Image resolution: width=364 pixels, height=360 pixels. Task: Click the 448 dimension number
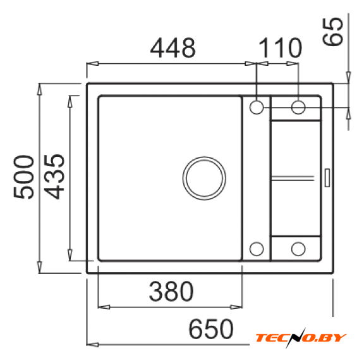(x=173, y=48)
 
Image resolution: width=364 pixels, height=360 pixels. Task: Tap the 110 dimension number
(x=280, y=48)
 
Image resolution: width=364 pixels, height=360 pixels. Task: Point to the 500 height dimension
(x=23, y=177)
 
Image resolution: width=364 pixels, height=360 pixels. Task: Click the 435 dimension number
(x=54, y=177)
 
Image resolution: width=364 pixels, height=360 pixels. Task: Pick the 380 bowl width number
(x=171, y=291)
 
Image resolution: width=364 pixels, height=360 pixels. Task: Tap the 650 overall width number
(x=211, y=329)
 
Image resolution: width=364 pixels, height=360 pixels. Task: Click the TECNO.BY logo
(x=301, y=337)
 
